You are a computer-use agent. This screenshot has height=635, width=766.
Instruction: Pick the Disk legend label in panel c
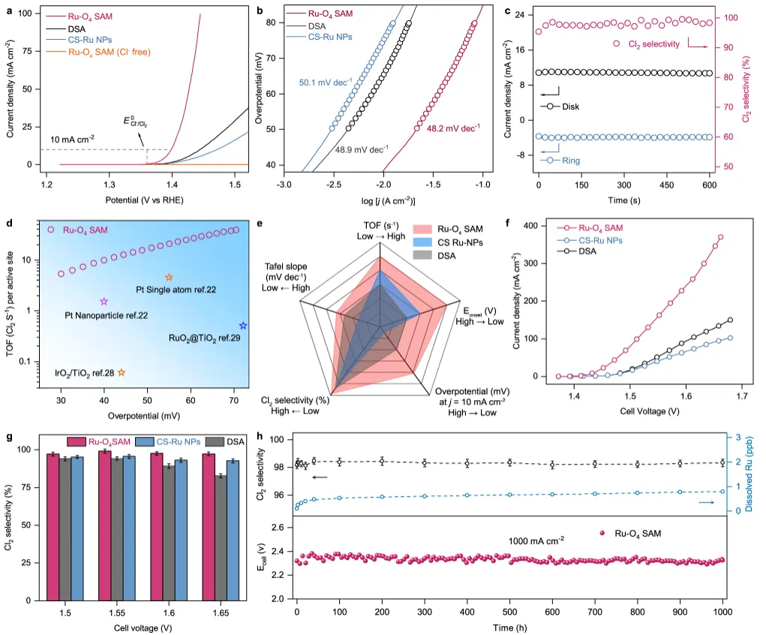click(x=570, y=107)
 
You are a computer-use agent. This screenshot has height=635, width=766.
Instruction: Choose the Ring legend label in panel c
click(x=571, y=160)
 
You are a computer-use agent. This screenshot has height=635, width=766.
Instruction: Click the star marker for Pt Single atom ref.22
click(x=169, y=278)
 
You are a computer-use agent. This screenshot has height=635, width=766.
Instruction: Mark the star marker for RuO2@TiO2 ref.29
click(x=243, y=326)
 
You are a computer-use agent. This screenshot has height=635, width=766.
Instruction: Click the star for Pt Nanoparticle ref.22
click(x=104, y=302)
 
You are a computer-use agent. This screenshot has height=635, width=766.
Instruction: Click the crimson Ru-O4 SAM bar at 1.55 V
click(x=104, y=525)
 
